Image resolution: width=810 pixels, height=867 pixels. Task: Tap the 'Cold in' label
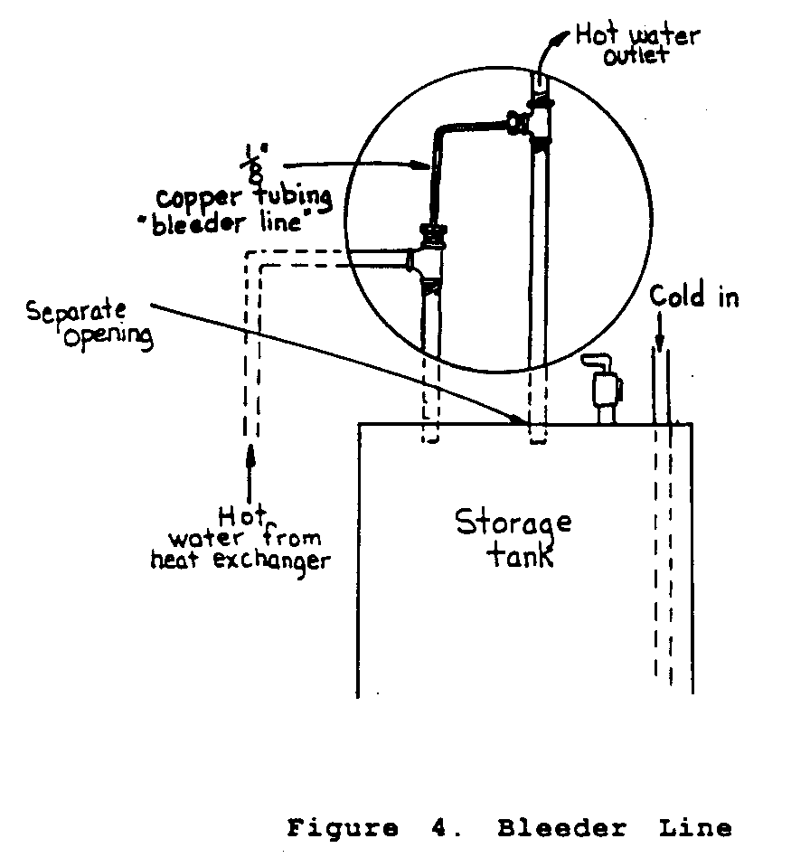tap(693, 297)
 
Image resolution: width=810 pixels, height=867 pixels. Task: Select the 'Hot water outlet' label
tap(636, 45)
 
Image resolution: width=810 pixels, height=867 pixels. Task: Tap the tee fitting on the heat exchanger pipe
tap(428, 262)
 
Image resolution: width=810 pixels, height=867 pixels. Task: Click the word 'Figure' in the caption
tap(343, 827)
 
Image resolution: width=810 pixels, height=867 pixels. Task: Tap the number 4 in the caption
tap(434, 827)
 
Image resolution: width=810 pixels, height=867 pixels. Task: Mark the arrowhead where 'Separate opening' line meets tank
tap(523, 420)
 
